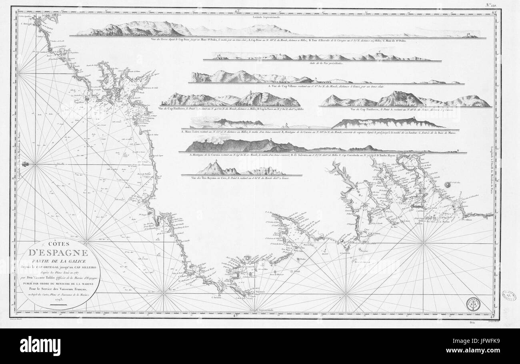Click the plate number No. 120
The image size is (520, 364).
(491, 5)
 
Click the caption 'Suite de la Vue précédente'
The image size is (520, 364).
(322, 63)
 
